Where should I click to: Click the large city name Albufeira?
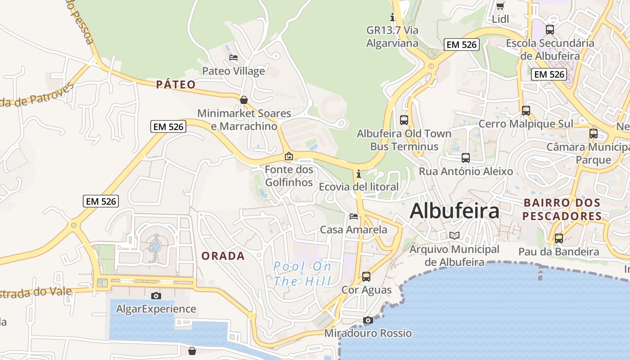[x=454, y=211]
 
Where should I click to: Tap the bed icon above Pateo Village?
[x=234, y=58]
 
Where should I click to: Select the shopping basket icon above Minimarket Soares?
[x=244, y=99]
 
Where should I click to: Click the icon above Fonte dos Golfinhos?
[x=289, y=157]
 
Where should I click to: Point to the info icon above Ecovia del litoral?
[x=358, y=174]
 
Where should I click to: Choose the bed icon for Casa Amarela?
[x=354, y=216]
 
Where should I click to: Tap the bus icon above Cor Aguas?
[x=366, y=276]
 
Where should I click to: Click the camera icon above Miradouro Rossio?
[x=368, y=320]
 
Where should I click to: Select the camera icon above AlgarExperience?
[x=156, y=296]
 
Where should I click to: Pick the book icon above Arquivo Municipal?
[x=454, y=235]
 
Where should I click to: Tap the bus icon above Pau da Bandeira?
[x=559, y=238]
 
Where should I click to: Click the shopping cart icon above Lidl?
[x=500, y=6]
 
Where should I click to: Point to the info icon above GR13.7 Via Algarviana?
[x=392, y=17]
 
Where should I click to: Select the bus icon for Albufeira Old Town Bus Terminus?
[x=404, y=120]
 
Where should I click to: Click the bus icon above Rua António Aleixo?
[x=466, y=158]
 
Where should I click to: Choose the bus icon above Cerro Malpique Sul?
[x=526, y=110]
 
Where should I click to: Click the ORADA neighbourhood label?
[x=223, y=256]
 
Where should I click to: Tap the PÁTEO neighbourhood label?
[x=176, y=85]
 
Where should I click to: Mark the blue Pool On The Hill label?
[x=302, y=274]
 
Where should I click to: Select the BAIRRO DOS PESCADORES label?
[x=562, y=209]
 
